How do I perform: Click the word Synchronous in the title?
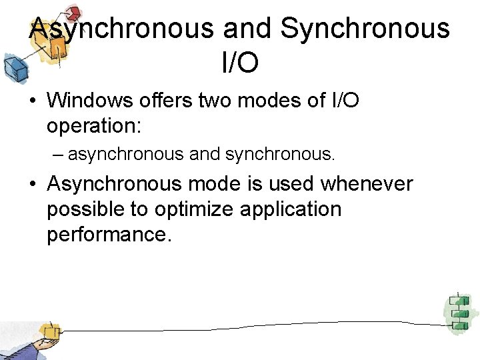[x=365, y=29]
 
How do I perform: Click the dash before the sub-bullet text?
[x=59, y=155]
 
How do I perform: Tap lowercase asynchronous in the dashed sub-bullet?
[x=125, y=155]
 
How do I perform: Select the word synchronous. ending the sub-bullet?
[x=280, y=155]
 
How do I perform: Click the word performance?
[x=109, y=235]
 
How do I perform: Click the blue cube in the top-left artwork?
[x=14, y=66]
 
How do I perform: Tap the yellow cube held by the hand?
[x=49, y=331]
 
